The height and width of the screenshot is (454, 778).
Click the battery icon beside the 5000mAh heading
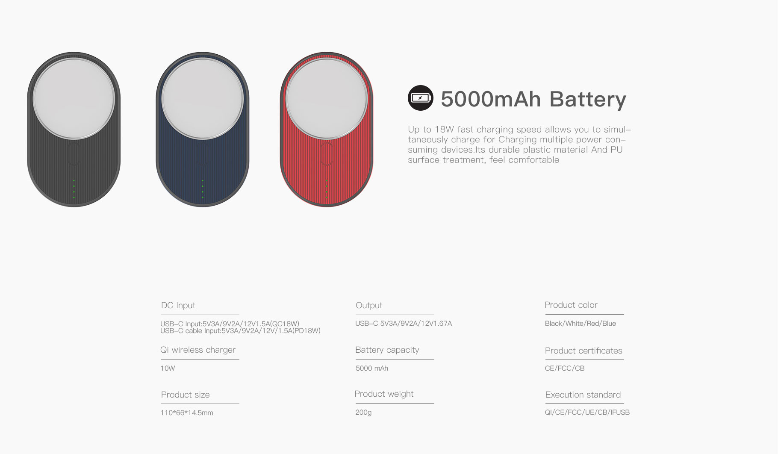[x=420, y=98]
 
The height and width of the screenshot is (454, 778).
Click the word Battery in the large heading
[x=588, y=99]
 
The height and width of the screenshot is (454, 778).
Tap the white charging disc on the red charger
[x=326, y=99]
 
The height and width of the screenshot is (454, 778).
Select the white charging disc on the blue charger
[x=202, y=99]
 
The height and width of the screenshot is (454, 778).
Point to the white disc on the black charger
[x=74, y=99]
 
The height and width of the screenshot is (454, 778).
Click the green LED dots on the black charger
[x=74, y=189]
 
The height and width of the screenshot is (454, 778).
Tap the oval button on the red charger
[x=326, y=154]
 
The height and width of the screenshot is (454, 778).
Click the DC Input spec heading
[x=178, y=305]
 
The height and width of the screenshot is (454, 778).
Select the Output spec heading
[x=369, y=305]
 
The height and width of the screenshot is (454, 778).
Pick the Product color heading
[x=571, y=305]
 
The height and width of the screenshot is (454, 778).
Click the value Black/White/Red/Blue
[x=580, y=324]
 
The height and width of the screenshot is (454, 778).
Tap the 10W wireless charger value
[x=168, y=368]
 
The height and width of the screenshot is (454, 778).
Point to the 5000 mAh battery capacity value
[x=372, y=368]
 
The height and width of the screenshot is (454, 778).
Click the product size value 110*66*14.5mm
[x=187, y=413]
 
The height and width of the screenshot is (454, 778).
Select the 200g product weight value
[x=363, y=413]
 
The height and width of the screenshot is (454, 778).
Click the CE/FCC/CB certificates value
[x=565, y=368]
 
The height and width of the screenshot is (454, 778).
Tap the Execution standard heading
[x=583, y=395]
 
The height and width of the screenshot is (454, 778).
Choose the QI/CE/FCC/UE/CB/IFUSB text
[x=587, y=413]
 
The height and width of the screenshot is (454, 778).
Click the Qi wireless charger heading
[x=198, y=350]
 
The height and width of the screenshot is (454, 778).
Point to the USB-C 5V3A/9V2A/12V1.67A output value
[x=404, y=324]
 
